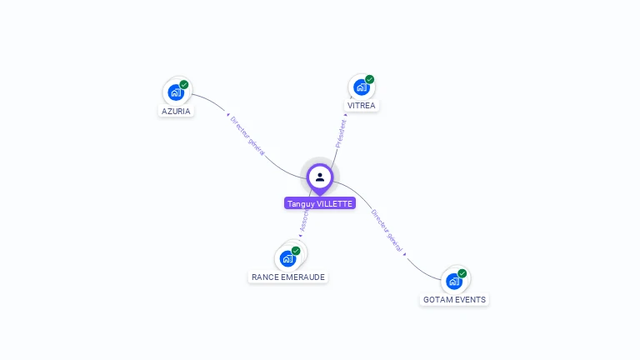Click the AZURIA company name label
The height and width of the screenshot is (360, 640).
(176, 111)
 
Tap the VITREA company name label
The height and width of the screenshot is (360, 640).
(362, 106)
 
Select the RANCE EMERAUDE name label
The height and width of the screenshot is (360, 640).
(288, 277)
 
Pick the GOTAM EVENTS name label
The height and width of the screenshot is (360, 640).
(454, 299)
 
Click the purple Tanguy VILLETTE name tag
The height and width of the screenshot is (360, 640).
(320, 203)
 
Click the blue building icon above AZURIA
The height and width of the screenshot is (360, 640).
(175, 92)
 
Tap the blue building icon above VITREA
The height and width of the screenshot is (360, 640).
(361, 87)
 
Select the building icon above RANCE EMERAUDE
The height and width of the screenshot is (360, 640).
(287, 258)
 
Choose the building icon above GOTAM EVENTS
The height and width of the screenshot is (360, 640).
(454, 281)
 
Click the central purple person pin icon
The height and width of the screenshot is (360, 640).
(320, 177)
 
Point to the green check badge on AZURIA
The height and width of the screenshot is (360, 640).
(184, 84)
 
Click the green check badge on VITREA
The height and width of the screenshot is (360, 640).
(370, 79)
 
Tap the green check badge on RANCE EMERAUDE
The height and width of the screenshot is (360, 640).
(296, 251)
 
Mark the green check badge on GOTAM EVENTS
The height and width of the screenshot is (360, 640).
(462, 273)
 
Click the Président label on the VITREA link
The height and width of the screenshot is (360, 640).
(341, 133)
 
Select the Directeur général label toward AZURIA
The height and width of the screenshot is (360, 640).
(247, 136)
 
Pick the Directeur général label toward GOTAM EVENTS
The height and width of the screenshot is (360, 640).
(387, 231)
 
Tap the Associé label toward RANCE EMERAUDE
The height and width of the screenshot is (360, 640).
(303, 221)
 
